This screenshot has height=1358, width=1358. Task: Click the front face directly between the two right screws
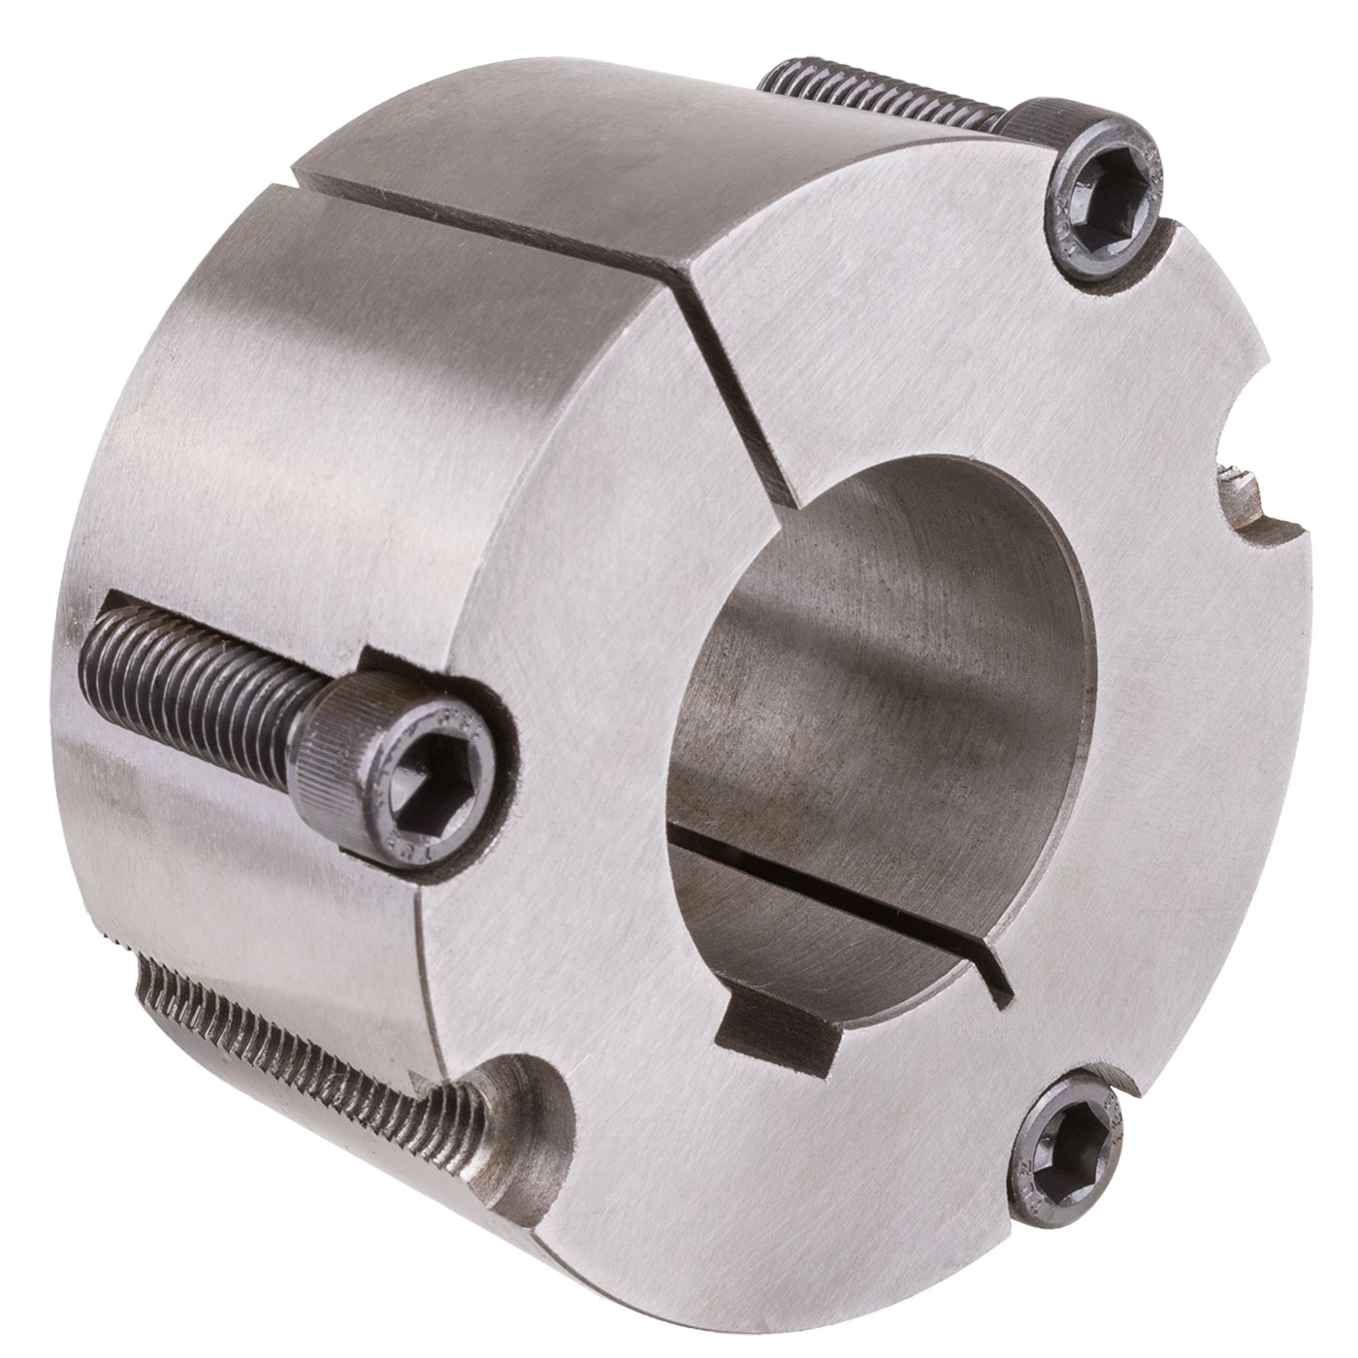tap(1164, 679)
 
